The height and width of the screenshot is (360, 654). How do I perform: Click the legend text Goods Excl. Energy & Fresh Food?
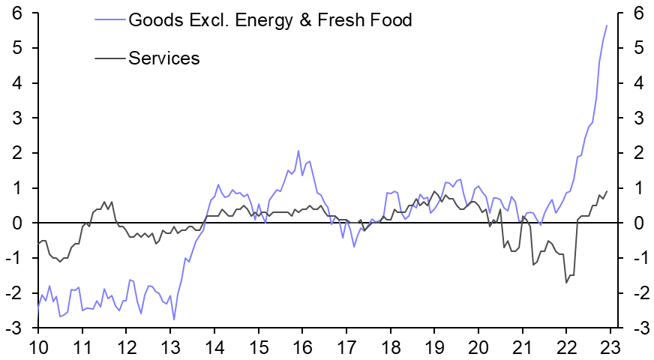click(270, 20)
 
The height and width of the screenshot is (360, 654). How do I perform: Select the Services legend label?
click(164, 58)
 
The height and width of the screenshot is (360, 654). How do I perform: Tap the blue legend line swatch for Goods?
click(110, 20)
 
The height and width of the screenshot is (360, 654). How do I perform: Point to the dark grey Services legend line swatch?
click(110, 58)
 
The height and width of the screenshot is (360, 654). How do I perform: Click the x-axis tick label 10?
click(38, 348)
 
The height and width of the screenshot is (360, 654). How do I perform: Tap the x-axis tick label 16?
click(302, 348)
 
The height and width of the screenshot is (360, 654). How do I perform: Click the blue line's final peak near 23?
click(607, 25)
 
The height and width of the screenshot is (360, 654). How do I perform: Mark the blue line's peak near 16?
click(298, 151)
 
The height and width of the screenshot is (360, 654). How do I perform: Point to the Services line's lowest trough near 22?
click(565, 283)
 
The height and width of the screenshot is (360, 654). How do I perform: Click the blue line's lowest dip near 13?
click(174, 319)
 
